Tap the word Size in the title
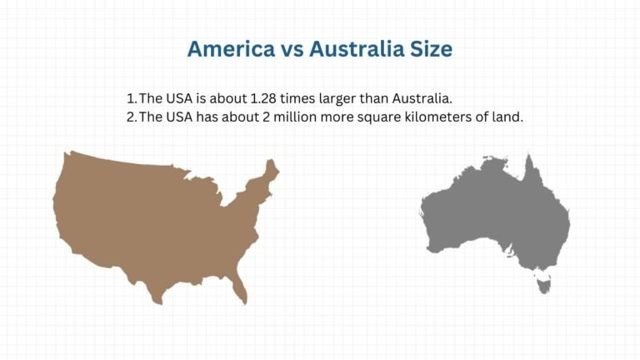coord(431,49)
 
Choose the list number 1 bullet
coord(130,98)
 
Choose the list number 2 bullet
coord(131,117)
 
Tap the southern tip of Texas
coord(157,299)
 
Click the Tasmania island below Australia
coord(546,286)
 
